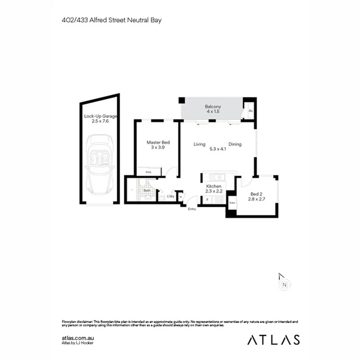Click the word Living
tap(199, 144)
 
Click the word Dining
tap(235, 144)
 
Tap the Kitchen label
tap(214, 187)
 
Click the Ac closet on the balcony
tap(250, 111)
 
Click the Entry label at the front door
tap(192, 209)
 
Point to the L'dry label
tap(171, 196)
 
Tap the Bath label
tap(147, 191)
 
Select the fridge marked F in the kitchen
tap(207, 199)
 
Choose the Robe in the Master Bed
tap(148, 172)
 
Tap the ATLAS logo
tap(273, 340)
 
